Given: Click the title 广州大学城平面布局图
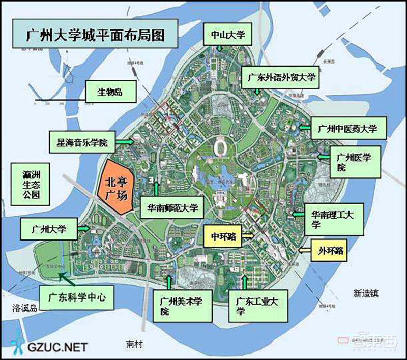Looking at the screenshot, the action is (95, 36).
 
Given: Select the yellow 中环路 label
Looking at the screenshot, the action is (223, 236).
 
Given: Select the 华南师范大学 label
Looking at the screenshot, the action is (172, 207).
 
